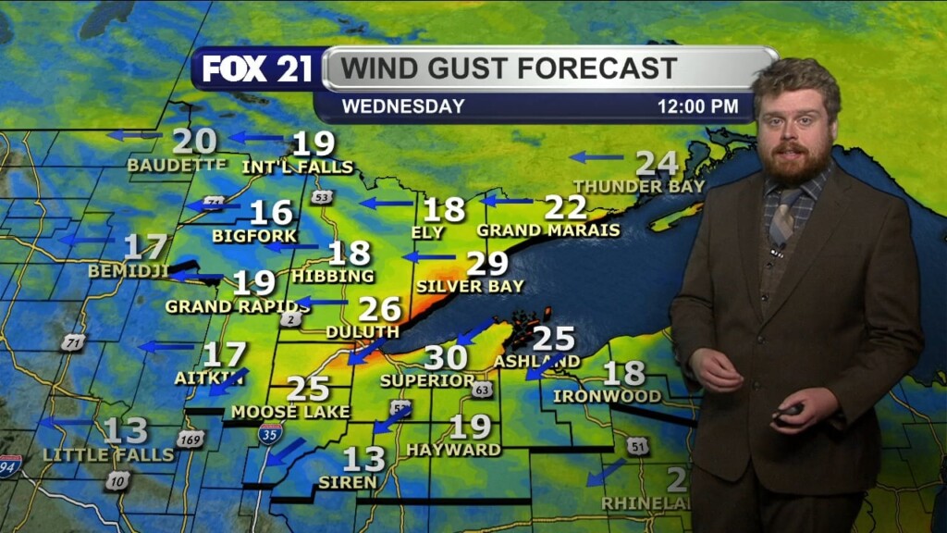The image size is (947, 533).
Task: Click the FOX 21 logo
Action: [x=257, y=69]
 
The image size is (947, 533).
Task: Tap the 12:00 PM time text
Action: [x=697, y=106]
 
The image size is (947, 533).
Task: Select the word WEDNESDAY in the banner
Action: [x=403, y=106]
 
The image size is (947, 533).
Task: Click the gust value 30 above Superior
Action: [x=446, y=357]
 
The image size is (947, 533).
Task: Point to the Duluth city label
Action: [x=363, y=331]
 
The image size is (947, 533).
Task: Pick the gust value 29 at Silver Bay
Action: [x=486, y=264]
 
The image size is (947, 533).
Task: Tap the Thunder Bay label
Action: [x=639, y=186]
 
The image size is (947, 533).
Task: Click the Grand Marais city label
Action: [x=548, y=229]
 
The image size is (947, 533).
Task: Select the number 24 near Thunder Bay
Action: [x=657, y=163]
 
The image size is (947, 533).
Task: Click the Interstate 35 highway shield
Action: [x=270, y=432]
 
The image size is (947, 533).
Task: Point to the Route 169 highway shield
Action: [x=190, y=439]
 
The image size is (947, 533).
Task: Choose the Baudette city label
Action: [x=177, y=165]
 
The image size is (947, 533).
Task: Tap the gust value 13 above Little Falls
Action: [x=125, y=430]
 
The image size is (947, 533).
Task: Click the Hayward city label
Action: [x=453, y=450]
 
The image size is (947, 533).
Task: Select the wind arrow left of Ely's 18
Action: [x=386, y=203]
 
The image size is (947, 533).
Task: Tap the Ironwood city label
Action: [x=607, y=396]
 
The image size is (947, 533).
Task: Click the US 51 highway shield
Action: [x=636, y=446]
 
